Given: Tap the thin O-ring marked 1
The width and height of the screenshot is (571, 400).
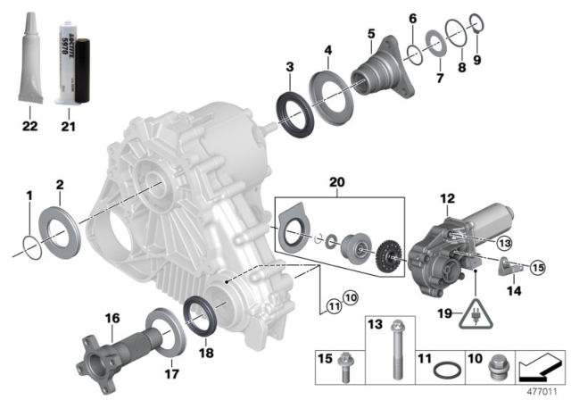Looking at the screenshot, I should click(x=31, y=241).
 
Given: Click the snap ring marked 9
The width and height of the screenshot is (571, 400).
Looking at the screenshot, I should click(x=477, y=45).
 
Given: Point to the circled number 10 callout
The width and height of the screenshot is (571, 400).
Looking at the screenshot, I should click(x=350, y=296).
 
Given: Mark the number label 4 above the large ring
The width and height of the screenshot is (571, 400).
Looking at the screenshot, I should click(x=328, y=50).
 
